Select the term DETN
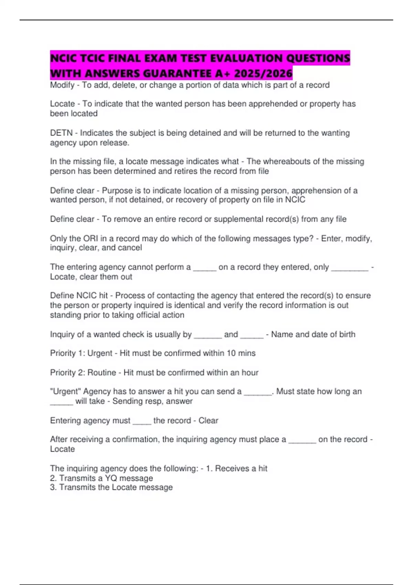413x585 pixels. [61, 133]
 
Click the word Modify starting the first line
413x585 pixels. [62, 85]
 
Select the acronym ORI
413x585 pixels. [91, 238]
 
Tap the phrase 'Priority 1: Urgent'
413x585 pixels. [81, 353]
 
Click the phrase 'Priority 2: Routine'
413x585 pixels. [83, 372]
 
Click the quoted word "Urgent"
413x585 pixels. [65, 391]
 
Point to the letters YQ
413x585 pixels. [111, 478]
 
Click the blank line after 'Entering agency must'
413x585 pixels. [142, 421]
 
